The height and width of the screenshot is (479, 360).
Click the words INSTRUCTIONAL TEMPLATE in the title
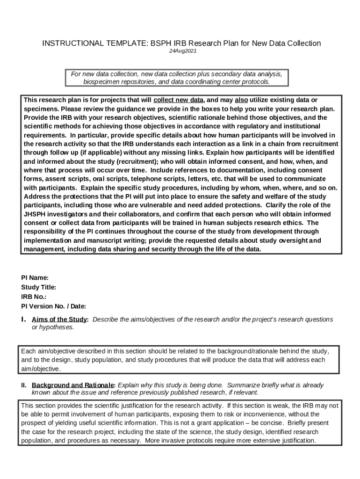[95, 44]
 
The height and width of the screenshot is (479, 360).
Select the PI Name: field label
[35, 278]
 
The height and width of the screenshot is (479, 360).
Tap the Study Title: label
[38, 287]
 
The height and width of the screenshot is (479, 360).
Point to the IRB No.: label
[34, 297]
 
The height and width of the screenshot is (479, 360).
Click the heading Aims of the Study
[59, 319]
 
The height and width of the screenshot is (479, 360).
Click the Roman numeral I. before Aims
[23, 319]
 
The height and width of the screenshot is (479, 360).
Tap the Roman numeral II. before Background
[23, 385]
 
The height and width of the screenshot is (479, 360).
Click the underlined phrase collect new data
[179, 100]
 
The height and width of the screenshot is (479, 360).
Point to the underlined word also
[241, 100]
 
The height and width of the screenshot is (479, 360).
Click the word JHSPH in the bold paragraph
[36, 214]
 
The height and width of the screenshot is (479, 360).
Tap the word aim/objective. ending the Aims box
[41, 369]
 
